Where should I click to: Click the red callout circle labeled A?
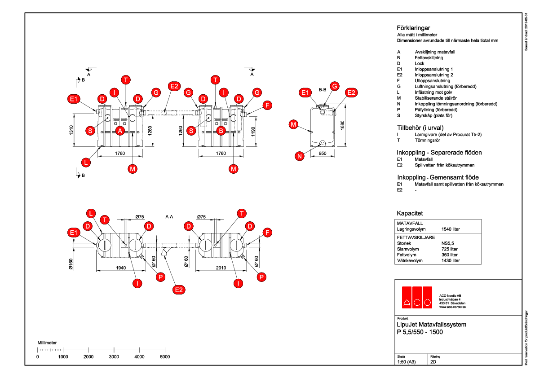(120, 131)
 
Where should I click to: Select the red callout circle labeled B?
(221, 131)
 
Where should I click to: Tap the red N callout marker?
(300, 156)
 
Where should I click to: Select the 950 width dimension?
(323, 154)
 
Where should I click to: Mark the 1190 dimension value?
(252, 132)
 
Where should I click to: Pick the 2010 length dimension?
(221, 268)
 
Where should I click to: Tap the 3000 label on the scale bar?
(114, 356)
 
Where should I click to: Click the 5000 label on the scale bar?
(165, 356)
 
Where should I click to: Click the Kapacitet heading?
(410, 213)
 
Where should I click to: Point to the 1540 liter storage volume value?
(451, 229)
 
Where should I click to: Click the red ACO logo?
(416, 297)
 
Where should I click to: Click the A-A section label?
(169, 217)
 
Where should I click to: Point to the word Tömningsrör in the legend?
(427, 140)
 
